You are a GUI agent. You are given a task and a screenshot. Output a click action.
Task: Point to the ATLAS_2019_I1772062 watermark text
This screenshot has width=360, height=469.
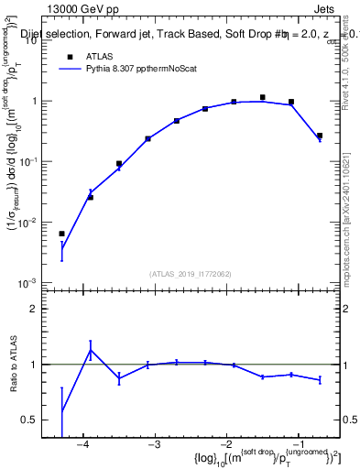tap(191, 273)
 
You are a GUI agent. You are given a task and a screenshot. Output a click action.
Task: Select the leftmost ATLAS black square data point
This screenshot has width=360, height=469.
tap(61, 234)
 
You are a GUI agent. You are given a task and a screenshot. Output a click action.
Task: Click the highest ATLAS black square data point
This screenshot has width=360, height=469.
tap(263, 97)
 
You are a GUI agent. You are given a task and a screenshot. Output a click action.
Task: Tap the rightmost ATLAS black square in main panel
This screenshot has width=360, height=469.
tap(320, 136)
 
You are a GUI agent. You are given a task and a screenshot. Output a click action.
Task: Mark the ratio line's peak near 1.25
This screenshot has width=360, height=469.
tap(91, 349)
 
